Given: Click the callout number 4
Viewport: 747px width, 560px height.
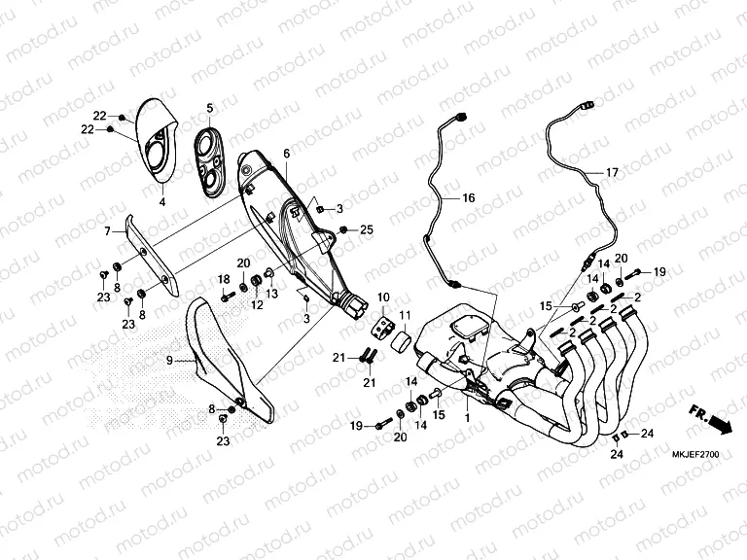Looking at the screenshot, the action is click(x=162, y=202).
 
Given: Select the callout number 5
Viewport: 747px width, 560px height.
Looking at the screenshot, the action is click(x=210, y=109).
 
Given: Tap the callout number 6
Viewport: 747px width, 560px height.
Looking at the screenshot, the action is click(x=286, y=154).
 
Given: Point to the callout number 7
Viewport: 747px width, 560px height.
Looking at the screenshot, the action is click(x=107, y=231).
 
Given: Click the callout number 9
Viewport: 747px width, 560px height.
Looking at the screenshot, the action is click(x=169, y=361).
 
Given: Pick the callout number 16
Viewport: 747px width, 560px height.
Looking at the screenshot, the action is click(x=469, y=197).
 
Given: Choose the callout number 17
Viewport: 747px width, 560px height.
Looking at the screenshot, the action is click(x=612, y=172).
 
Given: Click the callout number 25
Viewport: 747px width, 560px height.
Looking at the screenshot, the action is click(x=367, y=230).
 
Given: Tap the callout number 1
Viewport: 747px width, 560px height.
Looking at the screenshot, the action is click(x=467, y=418).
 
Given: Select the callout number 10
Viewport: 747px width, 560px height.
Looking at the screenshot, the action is click(x=383, y=297).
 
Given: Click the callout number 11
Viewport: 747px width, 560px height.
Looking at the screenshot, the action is click(x=405, y=315).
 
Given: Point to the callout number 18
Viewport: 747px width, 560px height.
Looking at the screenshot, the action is click(x=224, y=279).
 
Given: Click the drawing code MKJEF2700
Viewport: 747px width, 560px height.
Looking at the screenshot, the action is click(x=695, y=455).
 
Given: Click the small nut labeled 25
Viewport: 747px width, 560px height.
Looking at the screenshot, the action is click(x=342, y=230).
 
